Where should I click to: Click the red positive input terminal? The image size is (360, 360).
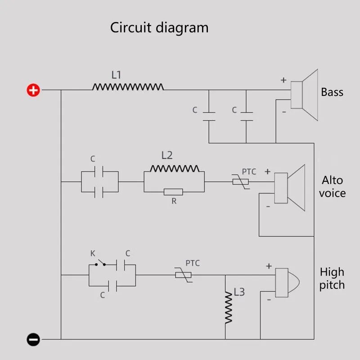(x=33, y=90)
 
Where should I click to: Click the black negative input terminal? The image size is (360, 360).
(x=33, y=339)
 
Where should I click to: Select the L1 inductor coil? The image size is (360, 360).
(x=128, y=86)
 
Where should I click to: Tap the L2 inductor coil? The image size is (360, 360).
(x=174, y=168)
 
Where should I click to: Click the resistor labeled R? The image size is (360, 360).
(x=173, y=192)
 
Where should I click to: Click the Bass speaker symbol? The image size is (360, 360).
(x=304, y=95)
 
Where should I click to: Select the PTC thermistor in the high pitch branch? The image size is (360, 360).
(x=183, y=274)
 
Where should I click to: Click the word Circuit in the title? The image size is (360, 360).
(x=131, y=28)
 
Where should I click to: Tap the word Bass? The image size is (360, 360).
(x=332, y=92)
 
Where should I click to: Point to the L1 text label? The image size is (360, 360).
(x=116, y=75)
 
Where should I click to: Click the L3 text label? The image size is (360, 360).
(x=239, y=292)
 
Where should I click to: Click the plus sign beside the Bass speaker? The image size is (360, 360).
(x=283, y=80)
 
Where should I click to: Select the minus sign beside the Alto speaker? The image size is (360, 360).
(x=268, y=206)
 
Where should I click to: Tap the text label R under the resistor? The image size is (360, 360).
(x=174, y=202)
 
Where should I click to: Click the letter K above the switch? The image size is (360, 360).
(x=93, y=253)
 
